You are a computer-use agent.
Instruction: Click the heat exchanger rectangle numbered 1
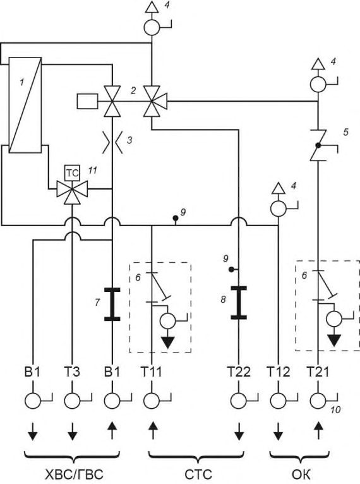25,105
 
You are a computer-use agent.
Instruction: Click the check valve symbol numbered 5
318,145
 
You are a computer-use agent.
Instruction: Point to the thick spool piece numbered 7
112,305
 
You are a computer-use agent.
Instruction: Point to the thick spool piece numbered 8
239,303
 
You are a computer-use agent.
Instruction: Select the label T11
152,372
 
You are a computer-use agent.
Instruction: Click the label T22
239,372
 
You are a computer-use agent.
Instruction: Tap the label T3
72,372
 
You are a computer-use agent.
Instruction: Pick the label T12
279,372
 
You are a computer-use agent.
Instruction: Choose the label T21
318,372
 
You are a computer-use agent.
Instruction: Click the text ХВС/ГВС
74,474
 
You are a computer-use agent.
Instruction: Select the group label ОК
301,474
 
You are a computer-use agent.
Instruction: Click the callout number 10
335,410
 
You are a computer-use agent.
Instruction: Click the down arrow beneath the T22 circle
239,431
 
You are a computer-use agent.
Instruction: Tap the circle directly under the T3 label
72,401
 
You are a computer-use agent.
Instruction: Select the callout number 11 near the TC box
93,170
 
